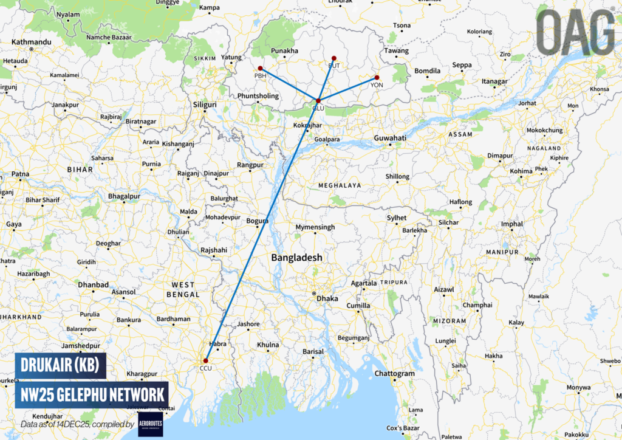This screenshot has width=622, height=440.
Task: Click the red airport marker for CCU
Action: point(206,360)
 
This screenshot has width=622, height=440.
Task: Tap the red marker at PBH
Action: point(260,68)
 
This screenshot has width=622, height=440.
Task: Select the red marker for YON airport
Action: point(377,78)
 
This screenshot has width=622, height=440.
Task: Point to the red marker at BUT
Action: point(333,58)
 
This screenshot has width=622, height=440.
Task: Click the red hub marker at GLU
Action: point(318,100)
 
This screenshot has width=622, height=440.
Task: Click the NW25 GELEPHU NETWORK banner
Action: point(92,394)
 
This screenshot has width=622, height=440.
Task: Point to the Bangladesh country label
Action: point(296,258)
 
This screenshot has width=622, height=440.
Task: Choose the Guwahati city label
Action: point(390,139)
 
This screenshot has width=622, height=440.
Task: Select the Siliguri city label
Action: point(205,105)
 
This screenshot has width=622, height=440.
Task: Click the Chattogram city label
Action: point(395,374)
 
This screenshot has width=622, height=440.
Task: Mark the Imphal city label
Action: point(511,224)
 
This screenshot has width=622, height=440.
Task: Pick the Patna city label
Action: point(20,174)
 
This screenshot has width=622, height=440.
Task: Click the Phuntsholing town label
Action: point(258,96)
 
